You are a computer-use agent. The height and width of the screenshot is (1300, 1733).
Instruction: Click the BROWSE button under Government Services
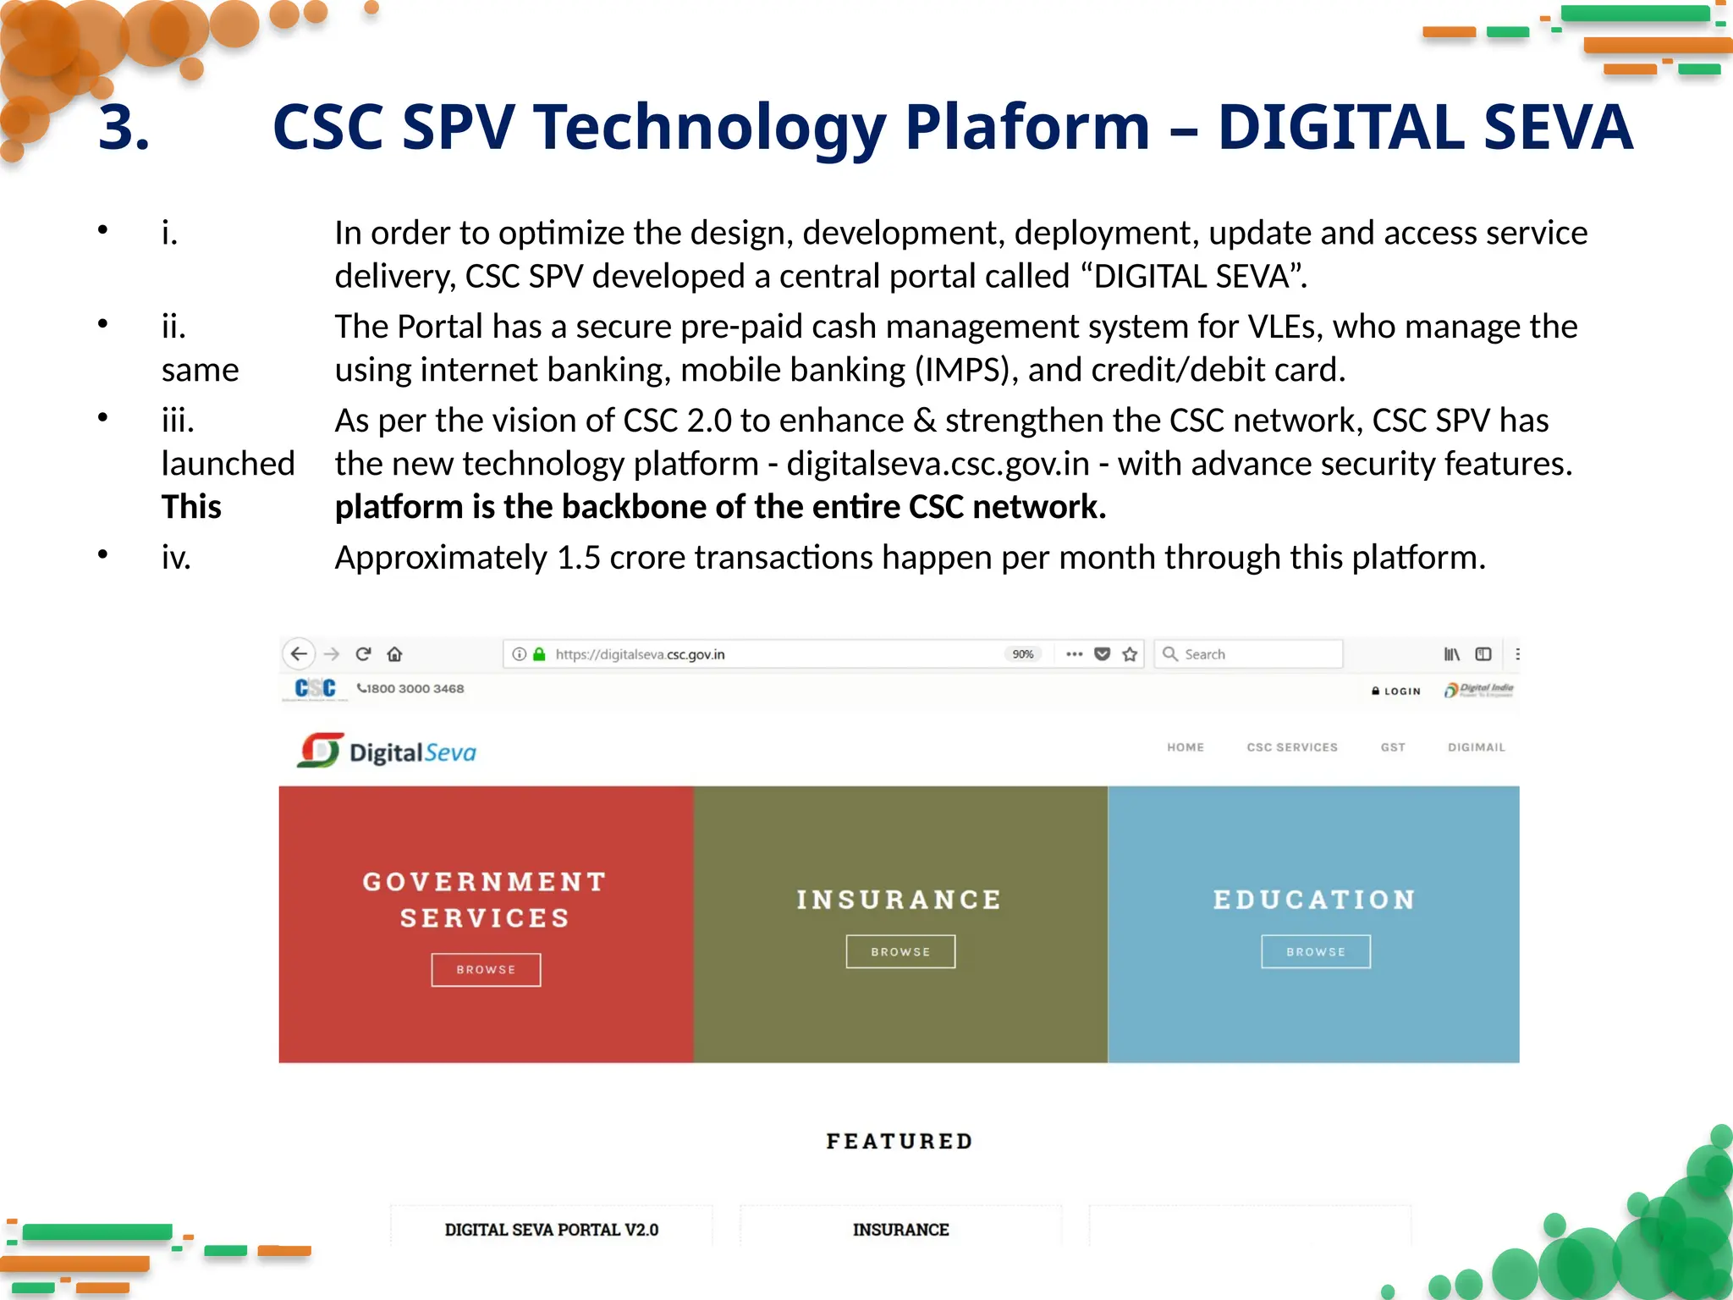pyautogui.click(x=486, y=970)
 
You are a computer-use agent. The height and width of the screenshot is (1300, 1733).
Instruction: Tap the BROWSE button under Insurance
pyautogui.click(x=900, y=952)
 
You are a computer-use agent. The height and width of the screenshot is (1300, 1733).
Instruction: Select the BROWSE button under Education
pyautogui.click(x=1316, y=952)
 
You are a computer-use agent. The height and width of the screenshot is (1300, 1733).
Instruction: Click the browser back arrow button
pyautogui.click(x=299, y=654)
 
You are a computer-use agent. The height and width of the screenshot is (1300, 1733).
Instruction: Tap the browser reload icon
pyautogui.click(x=364, y=654)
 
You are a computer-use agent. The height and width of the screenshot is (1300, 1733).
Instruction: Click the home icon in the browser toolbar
pyautogui.click(x=395, y=654)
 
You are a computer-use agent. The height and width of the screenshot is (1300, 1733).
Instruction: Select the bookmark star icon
pyautogui.click(x=1130, y=654)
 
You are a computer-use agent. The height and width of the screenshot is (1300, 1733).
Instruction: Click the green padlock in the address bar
pyautogui.click(x=539, y=654)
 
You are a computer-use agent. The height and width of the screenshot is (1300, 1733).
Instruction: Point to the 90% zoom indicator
pyautogui.click(x=1023, y=654)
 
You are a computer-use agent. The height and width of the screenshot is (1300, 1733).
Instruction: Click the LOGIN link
pyautogui.click(x=1397, y=691)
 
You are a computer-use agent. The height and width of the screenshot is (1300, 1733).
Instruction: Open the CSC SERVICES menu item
pyautogui.click(x=1292, y=747)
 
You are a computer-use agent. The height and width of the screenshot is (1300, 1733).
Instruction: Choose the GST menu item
pyautogui.click(x=1393, y=747)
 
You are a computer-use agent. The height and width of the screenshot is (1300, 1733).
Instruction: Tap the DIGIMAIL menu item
pyautogui.click(x=1476, y=747)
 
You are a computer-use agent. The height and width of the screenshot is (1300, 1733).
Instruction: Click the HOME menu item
pyautogui.click(x=1186, y=747)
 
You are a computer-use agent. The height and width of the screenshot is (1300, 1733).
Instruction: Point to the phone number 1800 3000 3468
pyautogui.click(x=411, y=689)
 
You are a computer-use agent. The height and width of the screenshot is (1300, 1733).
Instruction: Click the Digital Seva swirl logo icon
pyautogui.click(x=320, y=751)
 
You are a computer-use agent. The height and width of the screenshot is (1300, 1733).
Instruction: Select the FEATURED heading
pyautogui.click(x=900, y=1142)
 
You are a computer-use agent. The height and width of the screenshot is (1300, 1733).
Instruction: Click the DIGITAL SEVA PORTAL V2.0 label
pyautogui.click(x=552, y=1230)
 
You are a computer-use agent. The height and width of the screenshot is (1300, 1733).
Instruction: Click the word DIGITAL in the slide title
pyautogui.click(x=1340, y=127)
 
